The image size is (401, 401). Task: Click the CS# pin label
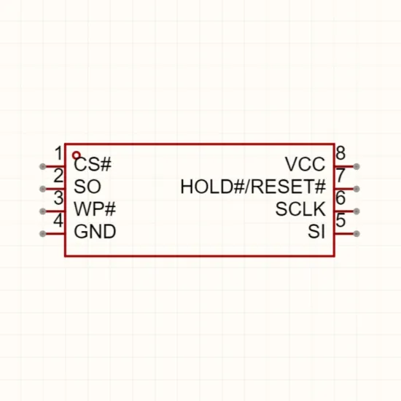(93, 164)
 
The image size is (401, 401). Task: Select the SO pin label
(87, 187)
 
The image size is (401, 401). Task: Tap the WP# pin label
(95, 209)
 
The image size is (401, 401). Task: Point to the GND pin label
(95, 231)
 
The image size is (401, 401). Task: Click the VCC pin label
(305, 164)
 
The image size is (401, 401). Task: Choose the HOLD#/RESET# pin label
(253, 187)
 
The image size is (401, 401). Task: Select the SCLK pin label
(300, 209)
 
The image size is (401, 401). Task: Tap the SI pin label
(316, 231)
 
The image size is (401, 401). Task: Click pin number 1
(59, 153)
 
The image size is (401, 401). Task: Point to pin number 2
(58, 176)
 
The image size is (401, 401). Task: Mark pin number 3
(59, 198)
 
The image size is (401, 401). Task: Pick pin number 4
(58, 220)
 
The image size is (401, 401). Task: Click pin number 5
(340, 220)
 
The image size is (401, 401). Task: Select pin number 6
(340, 198)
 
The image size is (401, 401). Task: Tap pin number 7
(340, 176)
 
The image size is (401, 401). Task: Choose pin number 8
(340, 153)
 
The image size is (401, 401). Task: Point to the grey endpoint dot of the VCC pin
(357, 166)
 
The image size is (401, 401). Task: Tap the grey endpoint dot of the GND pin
(43, 233)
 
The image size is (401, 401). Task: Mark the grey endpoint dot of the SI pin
(357, 233)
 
